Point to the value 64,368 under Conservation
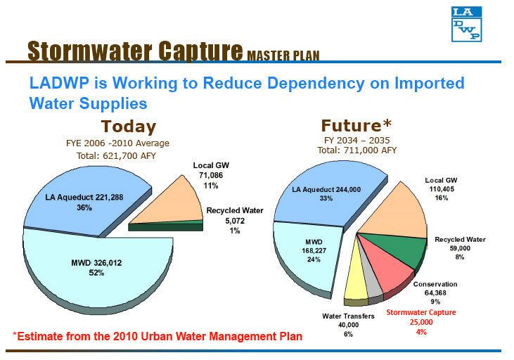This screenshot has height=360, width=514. click(435, 293)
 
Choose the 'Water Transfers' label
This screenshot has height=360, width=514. click(348, 316)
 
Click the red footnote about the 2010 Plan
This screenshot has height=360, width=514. click(158, 336)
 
